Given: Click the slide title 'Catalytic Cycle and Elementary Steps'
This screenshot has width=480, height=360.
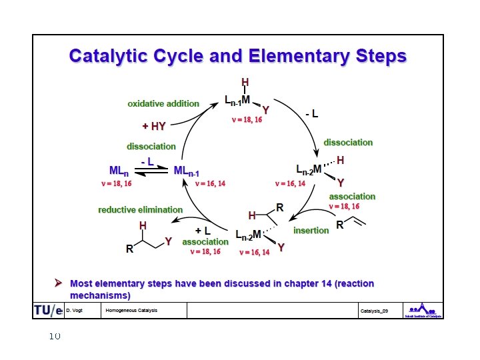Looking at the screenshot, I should point(237,55).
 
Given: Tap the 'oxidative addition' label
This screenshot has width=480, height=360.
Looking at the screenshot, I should point(163,103).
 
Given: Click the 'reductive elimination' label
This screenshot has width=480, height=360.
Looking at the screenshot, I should point(140,209).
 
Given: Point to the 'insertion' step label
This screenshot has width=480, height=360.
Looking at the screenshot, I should point(311,230).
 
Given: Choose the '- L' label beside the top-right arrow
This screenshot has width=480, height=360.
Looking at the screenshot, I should point(311,114).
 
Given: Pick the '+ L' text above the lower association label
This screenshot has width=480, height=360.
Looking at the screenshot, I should point(203,231).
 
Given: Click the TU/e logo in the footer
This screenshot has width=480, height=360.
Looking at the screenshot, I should point(48,311).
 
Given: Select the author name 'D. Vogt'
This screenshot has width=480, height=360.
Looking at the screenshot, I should point(74,311).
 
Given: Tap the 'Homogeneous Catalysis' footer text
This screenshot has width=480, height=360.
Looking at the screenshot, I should point(131,311).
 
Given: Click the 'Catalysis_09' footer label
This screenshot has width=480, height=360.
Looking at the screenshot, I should point(374,311).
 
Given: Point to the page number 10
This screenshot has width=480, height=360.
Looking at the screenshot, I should point(55,336).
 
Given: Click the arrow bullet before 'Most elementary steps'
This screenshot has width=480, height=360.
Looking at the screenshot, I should point(59,283).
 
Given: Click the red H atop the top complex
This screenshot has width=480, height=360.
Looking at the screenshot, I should point(245,83).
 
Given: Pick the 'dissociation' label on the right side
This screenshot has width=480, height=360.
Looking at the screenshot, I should point(348,142).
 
